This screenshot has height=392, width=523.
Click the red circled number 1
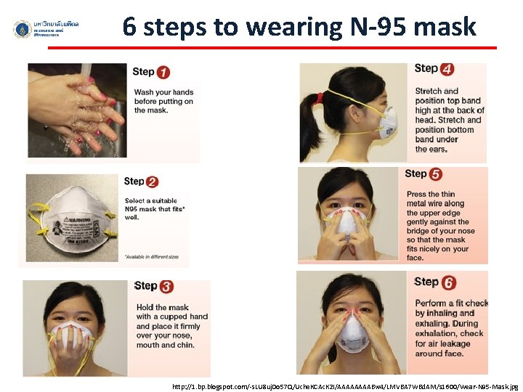pos(163,73)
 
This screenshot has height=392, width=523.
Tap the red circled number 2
pos(152,182)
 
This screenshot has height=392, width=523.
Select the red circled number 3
pos(166,287)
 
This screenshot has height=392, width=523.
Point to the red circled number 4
pos(447,70)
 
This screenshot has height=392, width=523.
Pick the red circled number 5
pos(436,174)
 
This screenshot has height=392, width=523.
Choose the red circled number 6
pos(448,282)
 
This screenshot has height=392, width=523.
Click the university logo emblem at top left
pos(22,29)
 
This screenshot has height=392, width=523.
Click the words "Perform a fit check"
pos(451,303)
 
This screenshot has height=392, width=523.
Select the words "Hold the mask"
pos(162,307)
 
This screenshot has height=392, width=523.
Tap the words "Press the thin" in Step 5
pos(431,194)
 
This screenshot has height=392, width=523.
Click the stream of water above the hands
pos(88,69)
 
